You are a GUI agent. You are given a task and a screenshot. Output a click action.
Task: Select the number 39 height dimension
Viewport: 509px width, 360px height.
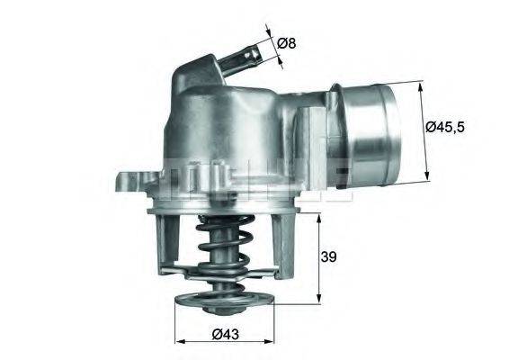(329, 258)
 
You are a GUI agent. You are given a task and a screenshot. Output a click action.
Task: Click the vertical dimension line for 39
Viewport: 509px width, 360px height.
(317, 261)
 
